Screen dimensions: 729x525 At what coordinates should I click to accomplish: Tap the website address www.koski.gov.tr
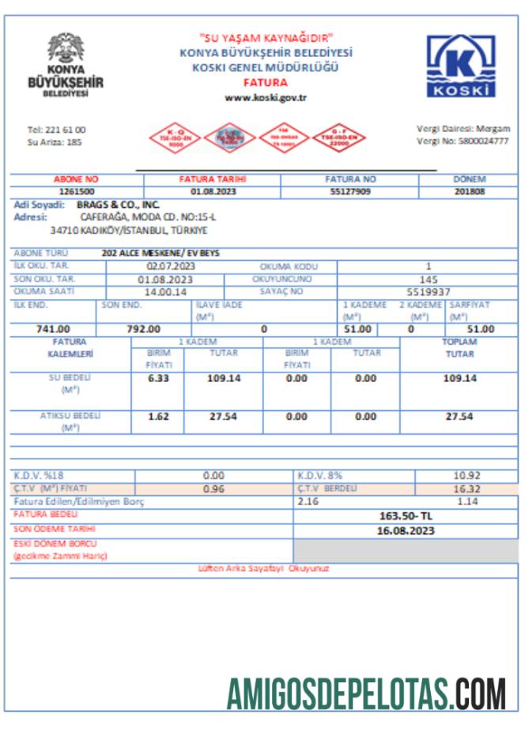click(x=266, y=97)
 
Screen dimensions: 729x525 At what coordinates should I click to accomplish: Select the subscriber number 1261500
click(x=77, y=191)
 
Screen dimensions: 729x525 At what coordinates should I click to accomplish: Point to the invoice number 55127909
click(x=349, y=191)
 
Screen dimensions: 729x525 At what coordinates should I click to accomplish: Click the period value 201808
click(x=470, y=191)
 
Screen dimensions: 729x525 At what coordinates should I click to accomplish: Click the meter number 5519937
click(x=429, y=291)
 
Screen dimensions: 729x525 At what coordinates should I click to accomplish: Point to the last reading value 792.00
click(x=143, y=329)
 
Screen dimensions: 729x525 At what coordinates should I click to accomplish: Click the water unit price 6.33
click(x=159, y=379)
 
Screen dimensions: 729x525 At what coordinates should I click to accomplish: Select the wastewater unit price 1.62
click(x=159, y=416)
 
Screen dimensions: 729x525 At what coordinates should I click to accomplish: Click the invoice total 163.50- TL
click(x=406, y=516)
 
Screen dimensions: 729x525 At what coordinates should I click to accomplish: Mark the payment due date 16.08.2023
click(x=406, y=530)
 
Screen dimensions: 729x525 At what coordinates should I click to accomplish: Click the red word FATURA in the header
click(x=266, y=82)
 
